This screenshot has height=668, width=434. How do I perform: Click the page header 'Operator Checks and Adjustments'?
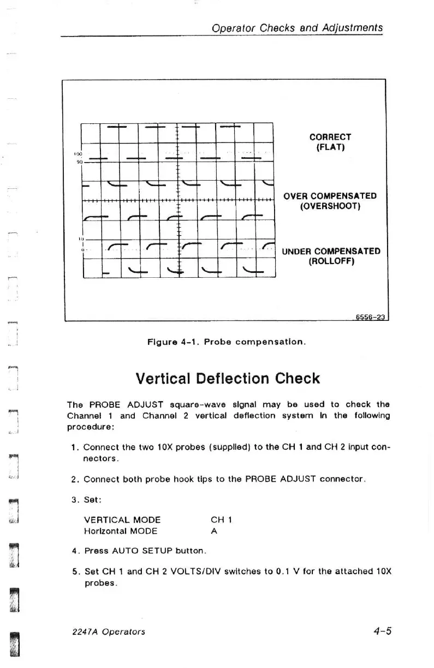click(298, 28)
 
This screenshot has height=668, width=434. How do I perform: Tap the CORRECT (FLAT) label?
click(330, 142)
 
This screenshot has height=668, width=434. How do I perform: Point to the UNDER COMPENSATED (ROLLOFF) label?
click(331, 257)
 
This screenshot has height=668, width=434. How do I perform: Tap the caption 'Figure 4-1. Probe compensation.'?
click(227, 343)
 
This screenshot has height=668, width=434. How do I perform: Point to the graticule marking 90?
click(78, 162)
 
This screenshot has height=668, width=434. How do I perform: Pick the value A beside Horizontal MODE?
click(213, 531)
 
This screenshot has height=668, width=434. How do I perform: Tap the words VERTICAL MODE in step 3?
click(122, 520)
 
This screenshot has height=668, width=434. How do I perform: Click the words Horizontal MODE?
click(121, 531)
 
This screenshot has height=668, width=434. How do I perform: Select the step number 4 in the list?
click(74, 551)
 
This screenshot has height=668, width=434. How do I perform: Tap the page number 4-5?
click(383, 631)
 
